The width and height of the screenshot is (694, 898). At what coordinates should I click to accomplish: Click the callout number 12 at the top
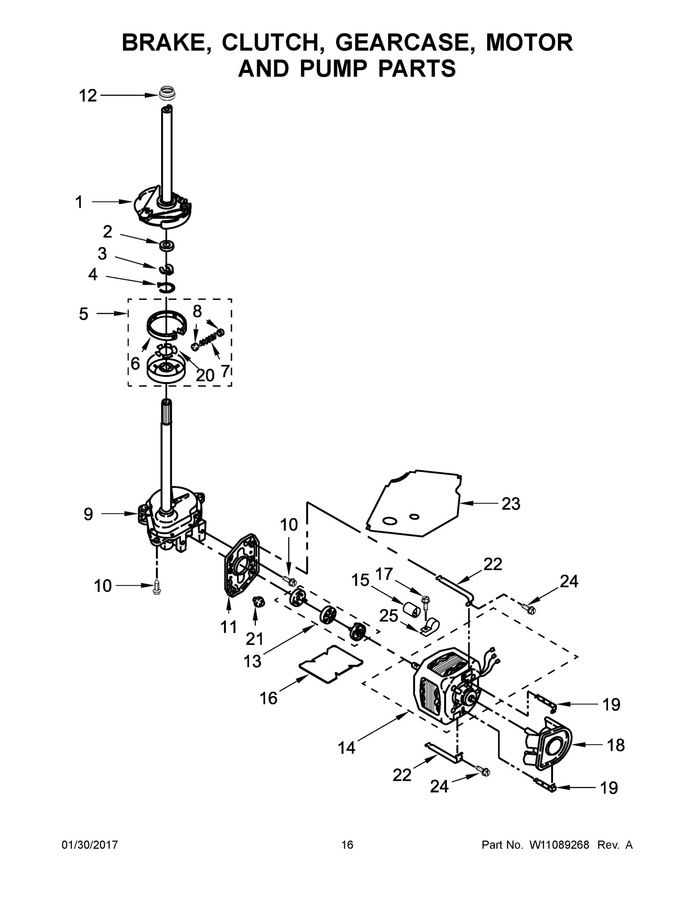88,96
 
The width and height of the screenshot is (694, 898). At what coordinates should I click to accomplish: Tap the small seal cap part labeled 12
167,92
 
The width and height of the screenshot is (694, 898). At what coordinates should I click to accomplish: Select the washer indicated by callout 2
166,246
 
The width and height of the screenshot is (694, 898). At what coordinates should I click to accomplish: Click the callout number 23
511,504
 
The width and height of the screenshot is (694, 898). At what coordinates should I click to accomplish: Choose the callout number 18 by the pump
615,745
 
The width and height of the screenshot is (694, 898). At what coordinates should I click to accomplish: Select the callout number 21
254,639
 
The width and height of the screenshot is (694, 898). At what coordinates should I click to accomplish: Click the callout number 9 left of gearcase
88,514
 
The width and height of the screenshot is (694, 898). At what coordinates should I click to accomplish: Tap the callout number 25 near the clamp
388,616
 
